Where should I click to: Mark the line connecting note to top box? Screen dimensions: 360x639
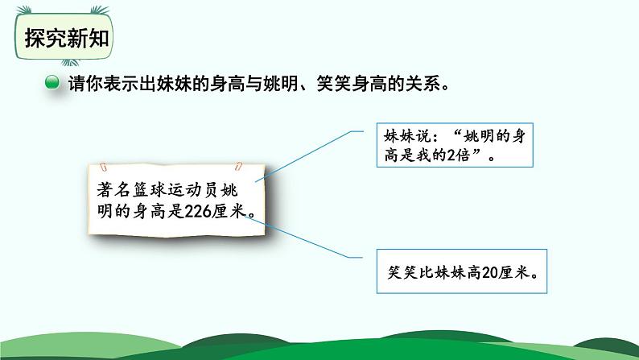pos(311,153)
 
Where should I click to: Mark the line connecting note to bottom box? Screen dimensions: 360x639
pos(311,241)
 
